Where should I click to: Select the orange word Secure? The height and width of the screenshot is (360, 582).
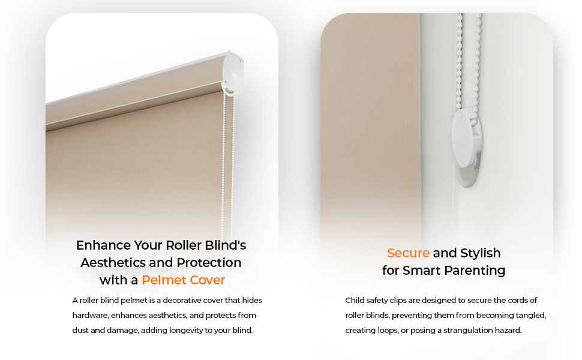pos(408,253)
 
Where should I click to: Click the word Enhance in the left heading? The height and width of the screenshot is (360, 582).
pos(103,245)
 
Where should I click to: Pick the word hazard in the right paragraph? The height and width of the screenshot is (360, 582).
pos(508,330)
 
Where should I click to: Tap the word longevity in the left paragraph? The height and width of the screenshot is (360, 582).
pos(193,330)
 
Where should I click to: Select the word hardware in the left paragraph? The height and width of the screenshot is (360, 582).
pos(88,315)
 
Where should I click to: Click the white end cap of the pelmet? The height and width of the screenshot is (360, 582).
pos(234,71)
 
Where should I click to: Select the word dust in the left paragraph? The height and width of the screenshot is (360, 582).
pos(81,330)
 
